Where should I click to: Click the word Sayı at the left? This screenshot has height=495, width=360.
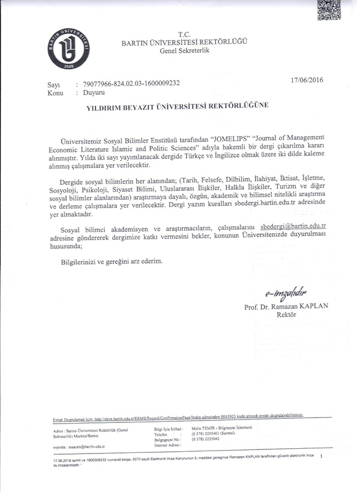55,86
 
